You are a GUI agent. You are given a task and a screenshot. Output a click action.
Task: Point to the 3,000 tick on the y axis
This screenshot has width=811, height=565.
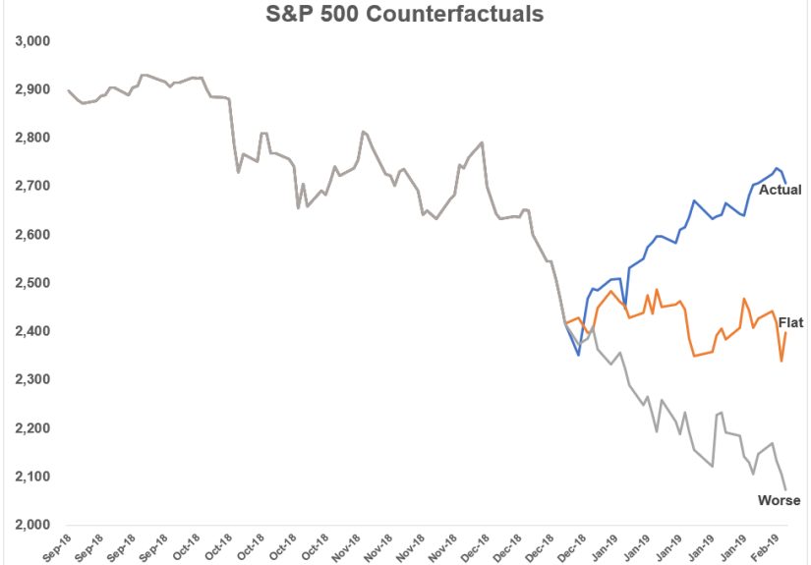tap(32, 41)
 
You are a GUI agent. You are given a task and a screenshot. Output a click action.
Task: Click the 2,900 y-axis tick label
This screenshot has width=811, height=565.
tap(32, 89)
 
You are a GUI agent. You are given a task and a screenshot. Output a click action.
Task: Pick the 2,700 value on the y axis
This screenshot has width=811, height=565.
tap(32, 186)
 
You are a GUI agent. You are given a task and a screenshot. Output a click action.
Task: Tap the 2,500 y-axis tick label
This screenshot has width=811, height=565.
tap(32, 283)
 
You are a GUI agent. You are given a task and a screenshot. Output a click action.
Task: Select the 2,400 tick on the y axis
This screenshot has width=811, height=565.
tap(32, 331)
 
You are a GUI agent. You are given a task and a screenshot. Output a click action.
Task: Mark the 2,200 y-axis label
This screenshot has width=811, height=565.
tap(32, 428)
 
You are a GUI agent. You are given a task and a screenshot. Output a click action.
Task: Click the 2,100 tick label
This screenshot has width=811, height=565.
tap(32, 477)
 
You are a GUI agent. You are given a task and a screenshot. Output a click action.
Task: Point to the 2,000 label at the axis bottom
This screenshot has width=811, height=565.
tap(32, 525)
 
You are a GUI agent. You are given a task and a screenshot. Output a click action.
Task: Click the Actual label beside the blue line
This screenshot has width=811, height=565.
tap(780, 190)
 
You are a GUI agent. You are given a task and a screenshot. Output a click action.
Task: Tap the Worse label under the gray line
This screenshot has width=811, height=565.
tap(779, 501)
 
